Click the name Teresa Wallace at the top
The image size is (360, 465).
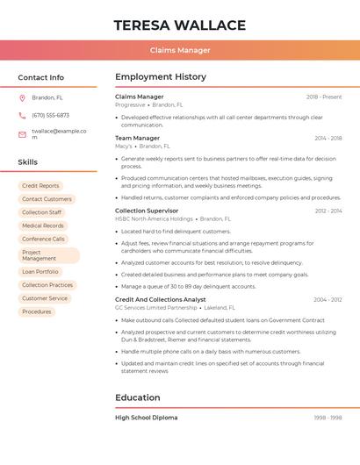180,25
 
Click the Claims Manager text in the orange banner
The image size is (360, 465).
180,50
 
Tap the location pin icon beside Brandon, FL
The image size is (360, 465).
22,97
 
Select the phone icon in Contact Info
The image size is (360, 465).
22,115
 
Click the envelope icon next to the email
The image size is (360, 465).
22,133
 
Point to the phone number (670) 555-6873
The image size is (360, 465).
50,115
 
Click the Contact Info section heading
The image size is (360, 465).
40,77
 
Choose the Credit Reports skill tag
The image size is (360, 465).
40,186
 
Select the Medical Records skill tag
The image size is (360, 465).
43,225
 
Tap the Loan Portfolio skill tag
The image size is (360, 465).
40,272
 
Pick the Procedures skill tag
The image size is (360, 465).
37,311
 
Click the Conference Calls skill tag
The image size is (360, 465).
43,239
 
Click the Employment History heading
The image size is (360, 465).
161,77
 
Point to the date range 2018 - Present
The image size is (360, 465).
324,97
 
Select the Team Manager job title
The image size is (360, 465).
138,138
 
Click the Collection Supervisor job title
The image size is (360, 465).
147,211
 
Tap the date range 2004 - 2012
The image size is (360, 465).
328,299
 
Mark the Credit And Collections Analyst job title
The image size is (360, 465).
161,299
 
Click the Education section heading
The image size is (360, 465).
138,397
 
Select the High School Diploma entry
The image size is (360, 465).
146,418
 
